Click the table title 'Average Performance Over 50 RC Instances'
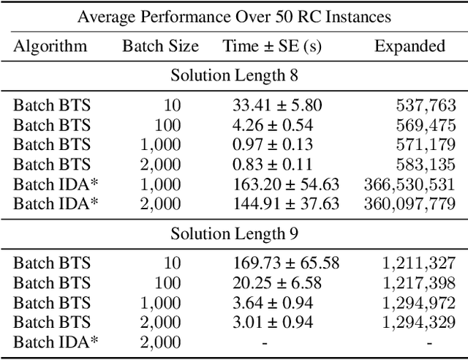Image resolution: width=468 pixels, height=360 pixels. (234, 16)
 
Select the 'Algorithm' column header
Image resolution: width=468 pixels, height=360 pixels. (50, 46)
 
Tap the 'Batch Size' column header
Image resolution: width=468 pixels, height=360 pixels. (160, 46)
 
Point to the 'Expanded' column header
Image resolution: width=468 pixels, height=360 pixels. (409, 46)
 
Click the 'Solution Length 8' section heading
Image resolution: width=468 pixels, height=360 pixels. (234, 75)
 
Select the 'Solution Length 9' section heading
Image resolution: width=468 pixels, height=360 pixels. (234, 233)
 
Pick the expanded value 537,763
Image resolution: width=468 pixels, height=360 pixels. (424, 105)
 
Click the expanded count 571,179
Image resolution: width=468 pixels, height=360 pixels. (424, 145)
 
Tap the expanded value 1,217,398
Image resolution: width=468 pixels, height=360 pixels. (419, 283)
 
